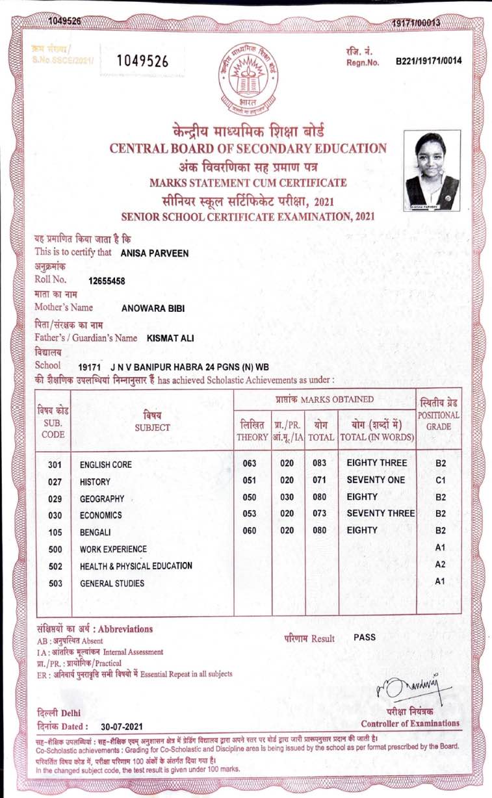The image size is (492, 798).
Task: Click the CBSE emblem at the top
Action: tap(245, 77)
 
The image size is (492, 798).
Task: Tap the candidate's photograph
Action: tap(432, 169)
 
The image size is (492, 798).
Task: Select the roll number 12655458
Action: tap(107, 281)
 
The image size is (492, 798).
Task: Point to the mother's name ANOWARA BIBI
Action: tap(153, 309)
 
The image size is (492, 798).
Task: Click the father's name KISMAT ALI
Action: tap(170, 338)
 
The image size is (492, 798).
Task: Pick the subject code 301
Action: tap(55, 465)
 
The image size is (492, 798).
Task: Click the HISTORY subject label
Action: tap(95, 482)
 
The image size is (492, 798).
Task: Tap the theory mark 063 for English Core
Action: tap(250, 463)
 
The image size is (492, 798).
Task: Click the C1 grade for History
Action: tap(440, 480)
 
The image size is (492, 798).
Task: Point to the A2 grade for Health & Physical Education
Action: tap(440, 565)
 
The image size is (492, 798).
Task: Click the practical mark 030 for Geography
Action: tap(287, 497)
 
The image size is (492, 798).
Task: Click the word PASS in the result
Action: tap(365, 637)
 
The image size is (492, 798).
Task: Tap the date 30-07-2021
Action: tap(122, 727)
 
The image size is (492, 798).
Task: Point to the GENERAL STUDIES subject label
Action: tap(108, 584)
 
